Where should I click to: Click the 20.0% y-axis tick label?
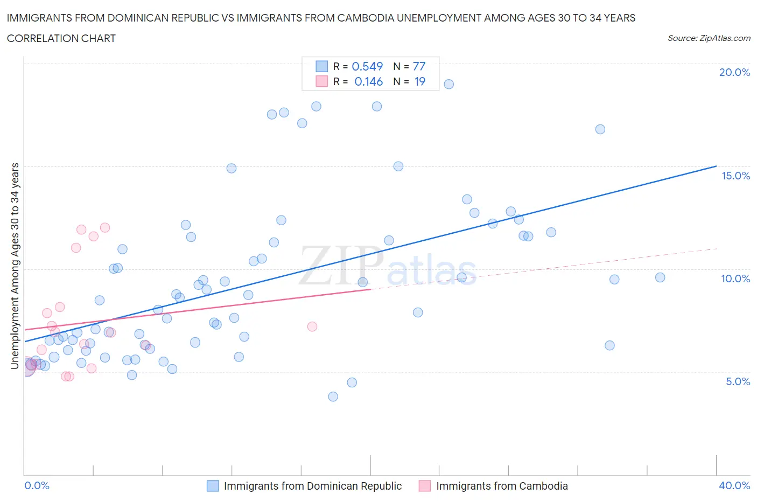734,72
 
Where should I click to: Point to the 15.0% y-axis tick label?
735,176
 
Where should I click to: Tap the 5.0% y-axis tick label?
738,381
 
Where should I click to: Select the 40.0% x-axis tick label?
734,485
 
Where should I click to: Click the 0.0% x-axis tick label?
37,485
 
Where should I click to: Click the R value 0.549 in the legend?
367,66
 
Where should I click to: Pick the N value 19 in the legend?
419,81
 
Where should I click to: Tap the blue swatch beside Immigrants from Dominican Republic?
213,486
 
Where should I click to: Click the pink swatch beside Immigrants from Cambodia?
425,486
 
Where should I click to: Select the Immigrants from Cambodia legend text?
502,486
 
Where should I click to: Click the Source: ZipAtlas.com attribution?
709,38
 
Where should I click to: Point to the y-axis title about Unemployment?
15,266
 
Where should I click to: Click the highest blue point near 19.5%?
448,84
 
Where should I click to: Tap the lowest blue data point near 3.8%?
333,396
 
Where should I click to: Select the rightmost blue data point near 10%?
660,277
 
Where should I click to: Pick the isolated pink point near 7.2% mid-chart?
312,326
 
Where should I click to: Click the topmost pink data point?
105,227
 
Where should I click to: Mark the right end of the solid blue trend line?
716,166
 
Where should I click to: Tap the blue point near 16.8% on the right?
600,129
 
